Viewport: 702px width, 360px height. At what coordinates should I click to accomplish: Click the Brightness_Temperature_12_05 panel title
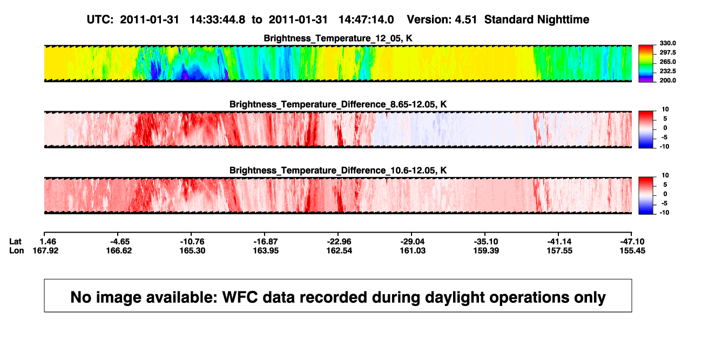(338, 38)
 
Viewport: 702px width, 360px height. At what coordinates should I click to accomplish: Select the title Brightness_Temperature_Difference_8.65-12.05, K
(338, 104)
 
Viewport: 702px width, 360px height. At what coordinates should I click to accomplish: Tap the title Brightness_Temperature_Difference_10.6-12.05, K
(338, 171)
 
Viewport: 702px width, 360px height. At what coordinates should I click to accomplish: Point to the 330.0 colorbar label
(667, 43)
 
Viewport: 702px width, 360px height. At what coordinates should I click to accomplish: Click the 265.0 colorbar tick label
(667, 62)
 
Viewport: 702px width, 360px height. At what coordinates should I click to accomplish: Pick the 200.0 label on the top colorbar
(667, 80)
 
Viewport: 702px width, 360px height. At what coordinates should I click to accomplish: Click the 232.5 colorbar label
(667, 71)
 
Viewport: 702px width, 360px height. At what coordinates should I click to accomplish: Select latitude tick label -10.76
(192, 242)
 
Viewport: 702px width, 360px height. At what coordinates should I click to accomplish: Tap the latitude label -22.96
(339, 242)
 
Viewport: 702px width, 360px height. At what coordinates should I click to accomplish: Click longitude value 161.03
(413, 250)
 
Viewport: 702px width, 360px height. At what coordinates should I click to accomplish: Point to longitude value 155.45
(632, 250)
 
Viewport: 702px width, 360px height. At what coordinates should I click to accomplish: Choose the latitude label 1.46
(48, 242)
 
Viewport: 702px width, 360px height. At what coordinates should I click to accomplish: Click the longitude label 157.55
(559, 250)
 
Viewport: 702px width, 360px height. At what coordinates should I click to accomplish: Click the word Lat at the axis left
(15, 242)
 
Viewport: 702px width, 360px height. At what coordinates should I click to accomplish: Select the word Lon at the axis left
(16, 250)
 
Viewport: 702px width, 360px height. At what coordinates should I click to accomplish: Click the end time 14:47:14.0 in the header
(366, 20)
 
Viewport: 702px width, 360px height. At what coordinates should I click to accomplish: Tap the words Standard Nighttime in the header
(537, 20)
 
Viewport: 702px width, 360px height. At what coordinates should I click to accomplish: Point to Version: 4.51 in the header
(442, 20)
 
